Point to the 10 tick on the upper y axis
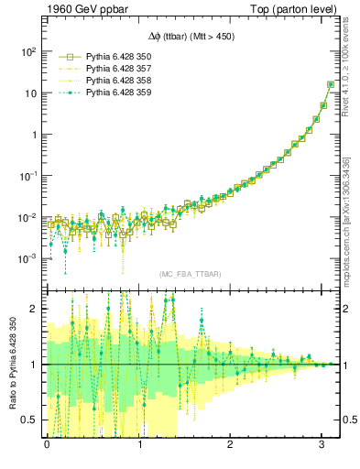(29, 93)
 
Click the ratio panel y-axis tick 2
(35, 309)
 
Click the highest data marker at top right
(331, 84)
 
